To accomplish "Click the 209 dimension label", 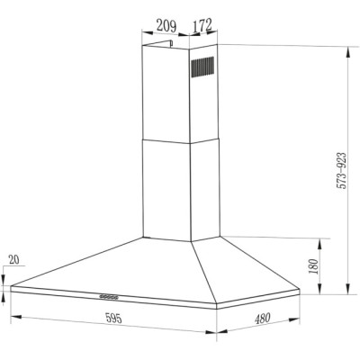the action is [166, 26].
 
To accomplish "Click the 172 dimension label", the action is [202, 25].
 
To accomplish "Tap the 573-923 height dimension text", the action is [341, 171].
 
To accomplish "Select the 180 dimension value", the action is [313, 266].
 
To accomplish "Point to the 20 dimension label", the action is [13, 259].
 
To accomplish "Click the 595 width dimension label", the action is [113, 318].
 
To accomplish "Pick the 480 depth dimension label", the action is [263, 319].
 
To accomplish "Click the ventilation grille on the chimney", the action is [202, 67].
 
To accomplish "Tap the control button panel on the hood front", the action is [109, 297].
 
